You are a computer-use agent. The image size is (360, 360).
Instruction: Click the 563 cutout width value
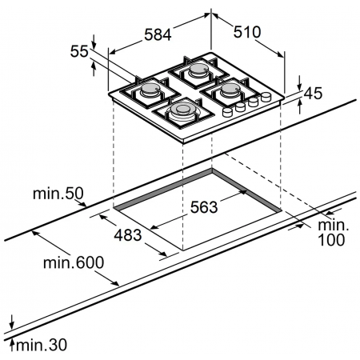[x=205, y=208]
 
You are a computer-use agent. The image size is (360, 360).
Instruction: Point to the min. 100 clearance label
[x=329, y=233]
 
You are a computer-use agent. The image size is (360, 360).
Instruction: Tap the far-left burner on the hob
[x=150, y=94]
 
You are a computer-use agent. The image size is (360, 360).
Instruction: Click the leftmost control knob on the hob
[x=227, y=113]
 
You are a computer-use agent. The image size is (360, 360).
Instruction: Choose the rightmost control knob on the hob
[x=264, y=98]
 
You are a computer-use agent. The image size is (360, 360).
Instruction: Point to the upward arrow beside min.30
[x=13, y=344]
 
